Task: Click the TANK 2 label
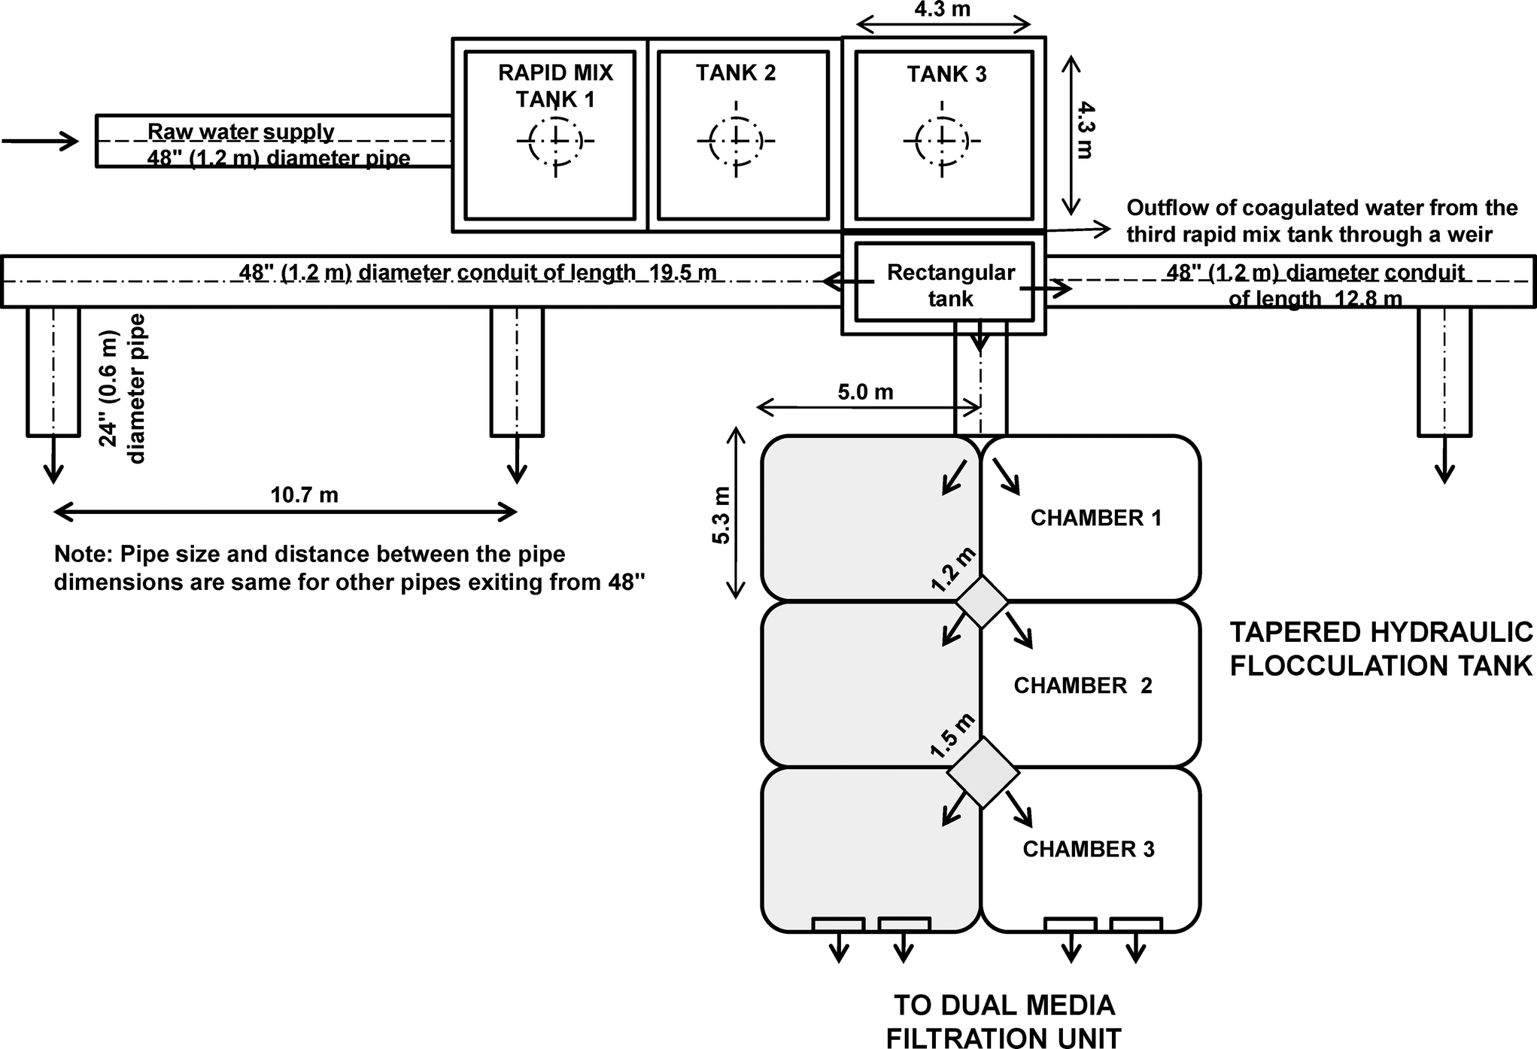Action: pos(735,73)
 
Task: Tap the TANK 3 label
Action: pos(946,74)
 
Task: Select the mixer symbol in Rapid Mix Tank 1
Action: pos(555,140)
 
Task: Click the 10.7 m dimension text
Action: pos(304,494)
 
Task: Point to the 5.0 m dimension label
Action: pos(865,392)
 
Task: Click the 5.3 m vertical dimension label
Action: pos(721,515)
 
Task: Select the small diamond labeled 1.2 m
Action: pos(981,601)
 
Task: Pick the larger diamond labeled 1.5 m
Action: pos(982,773)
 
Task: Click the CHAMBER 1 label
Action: pos(1095,518)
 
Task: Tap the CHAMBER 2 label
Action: pos(1082,686)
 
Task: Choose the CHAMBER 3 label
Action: pos(1088,849)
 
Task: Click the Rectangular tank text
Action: pos(950,284)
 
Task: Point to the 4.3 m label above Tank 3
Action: pos(942,10)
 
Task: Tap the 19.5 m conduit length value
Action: pos(682,272)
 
